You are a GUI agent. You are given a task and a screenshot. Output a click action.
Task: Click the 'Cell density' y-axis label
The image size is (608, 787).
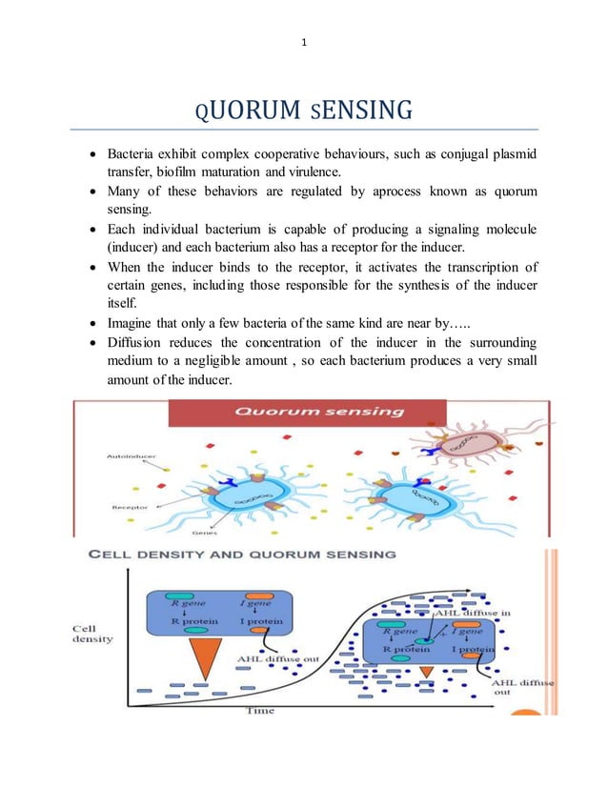pos(92,634)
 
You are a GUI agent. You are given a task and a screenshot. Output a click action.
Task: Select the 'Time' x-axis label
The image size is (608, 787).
pos(260,711)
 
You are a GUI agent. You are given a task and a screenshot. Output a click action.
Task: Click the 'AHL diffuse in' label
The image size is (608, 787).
pos(472,613)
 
